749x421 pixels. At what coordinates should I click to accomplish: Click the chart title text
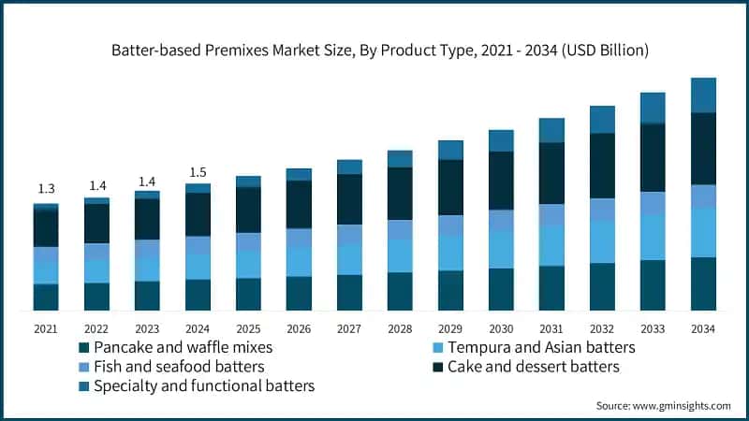pyautogui.click(x=374, y=50)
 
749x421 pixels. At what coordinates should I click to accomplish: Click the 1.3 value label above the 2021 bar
pyautogui.click(x=46, y=190)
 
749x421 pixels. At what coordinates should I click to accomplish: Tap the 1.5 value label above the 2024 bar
pyautogui.click(x=198, y=171)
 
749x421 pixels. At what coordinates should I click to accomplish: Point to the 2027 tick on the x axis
pyautogui.click(x=349, y=328)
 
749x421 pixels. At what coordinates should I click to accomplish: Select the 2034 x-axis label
pyautogui.click(x=703, y=328)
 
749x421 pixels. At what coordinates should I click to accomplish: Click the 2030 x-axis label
pyautogui.click(x=501, y=328)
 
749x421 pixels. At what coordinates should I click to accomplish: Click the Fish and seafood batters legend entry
pyautogui.click(x=178, y=367)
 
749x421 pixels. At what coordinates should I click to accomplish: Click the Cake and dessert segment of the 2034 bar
pyautogui.click(x=703, y=149)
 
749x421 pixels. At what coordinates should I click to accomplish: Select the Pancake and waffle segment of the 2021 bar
pyautogui.click(x=46, y=297)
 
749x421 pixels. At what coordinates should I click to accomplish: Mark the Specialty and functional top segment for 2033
pyautogui.click(x=653, y=108)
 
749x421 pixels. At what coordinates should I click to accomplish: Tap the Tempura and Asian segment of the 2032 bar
pyautogui.click(x=602, y=242)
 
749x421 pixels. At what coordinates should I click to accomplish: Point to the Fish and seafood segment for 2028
pyautogui.click(x=400, y=229)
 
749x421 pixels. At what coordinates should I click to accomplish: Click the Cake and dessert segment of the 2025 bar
pyautogui.click(x=248, y=210)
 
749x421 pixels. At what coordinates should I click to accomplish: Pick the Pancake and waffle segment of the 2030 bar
pyautogui.click(x=501, y=289)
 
